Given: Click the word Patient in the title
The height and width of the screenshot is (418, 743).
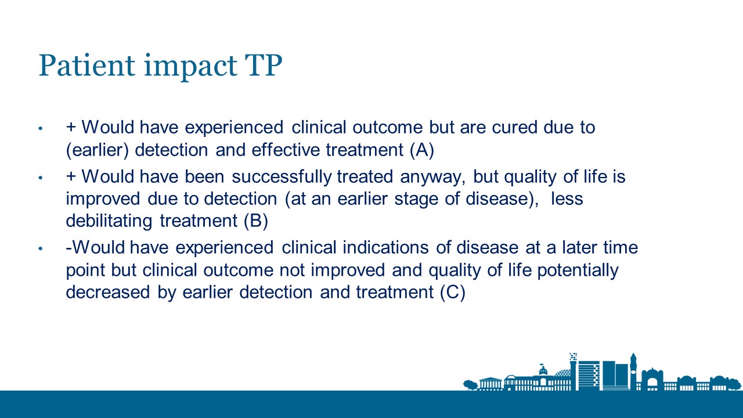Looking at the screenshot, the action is click(87, 66).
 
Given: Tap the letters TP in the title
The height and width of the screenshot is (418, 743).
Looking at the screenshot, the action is click(264, 66).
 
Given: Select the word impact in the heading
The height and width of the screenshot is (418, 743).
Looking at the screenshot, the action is click(191, 67).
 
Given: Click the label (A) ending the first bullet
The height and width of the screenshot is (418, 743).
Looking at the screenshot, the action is click(422, 150).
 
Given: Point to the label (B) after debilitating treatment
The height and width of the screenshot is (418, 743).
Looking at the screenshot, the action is click(256, 221).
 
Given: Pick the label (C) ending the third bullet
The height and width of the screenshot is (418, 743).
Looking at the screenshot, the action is click(453, 292).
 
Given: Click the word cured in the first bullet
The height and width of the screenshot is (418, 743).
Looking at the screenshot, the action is click(514, 127).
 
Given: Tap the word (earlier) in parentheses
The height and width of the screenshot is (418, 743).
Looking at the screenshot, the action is click(97, 150).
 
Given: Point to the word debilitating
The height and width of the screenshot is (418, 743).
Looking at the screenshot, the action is click(109, 221).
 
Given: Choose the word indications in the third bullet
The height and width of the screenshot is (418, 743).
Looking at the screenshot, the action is click(385, 247).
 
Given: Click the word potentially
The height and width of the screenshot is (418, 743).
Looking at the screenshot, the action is click(578, 271).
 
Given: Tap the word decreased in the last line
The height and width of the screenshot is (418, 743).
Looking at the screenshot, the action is click(108, 292).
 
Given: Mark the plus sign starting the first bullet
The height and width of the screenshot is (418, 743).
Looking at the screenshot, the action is click(71, 127).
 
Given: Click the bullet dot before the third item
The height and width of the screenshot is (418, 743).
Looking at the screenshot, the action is click(41, 248).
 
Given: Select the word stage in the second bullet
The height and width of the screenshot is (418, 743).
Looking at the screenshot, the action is click(416, 200).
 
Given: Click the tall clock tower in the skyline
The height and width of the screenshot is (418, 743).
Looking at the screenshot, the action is click(633, 372).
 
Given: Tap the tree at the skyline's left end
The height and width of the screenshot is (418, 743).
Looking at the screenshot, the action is click(470, 385).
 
